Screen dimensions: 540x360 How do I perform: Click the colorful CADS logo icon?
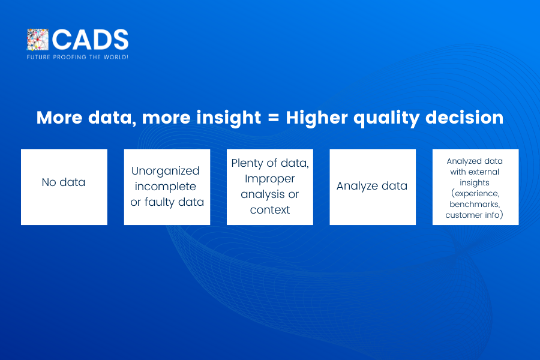[38, 40]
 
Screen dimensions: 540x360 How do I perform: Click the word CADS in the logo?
[90, 40]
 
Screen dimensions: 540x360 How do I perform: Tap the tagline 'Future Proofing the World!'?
[77, 57]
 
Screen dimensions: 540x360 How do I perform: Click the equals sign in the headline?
[274, 118]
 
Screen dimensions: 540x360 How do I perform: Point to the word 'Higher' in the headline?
[317, 118]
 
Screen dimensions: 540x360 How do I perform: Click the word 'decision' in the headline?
[464, 118]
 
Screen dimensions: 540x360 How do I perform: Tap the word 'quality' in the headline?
[386, 118]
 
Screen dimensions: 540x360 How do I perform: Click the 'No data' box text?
[64, 182]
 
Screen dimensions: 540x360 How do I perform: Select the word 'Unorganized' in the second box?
[166, 171]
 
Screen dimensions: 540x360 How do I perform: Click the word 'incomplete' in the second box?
[166, 187]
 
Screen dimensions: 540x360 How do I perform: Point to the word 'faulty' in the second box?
[159, 202]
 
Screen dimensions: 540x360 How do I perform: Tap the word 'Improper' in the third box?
[269, 179]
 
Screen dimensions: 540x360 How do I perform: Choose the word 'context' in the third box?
[270, 210]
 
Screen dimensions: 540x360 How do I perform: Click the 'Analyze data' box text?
[372, 186]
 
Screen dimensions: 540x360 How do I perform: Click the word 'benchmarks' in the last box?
[475, 204]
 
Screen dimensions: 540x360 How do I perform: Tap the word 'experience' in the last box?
[476, 194]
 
